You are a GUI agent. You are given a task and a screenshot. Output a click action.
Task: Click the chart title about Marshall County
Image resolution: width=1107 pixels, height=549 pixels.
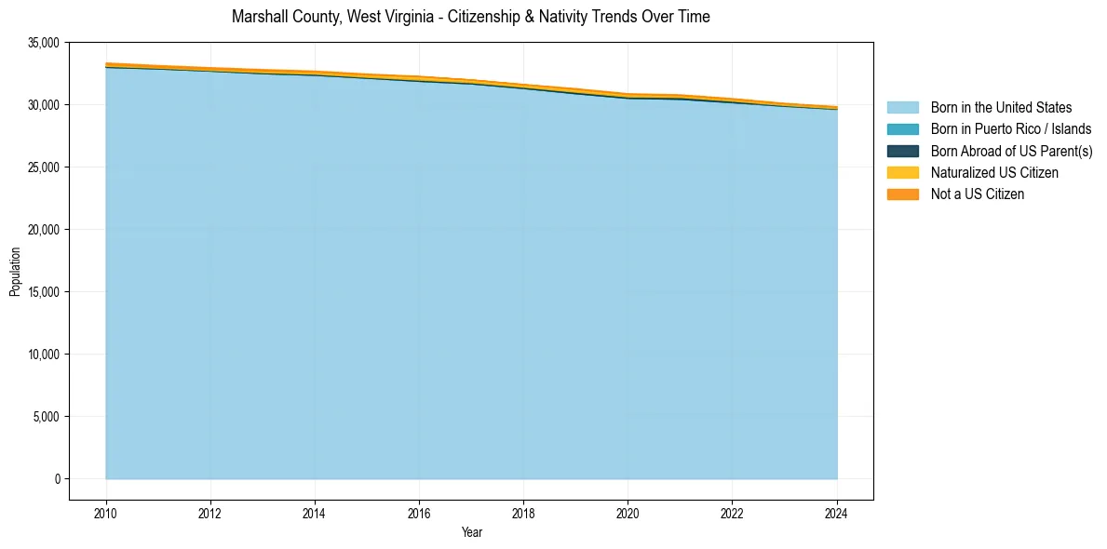tap(470, 17)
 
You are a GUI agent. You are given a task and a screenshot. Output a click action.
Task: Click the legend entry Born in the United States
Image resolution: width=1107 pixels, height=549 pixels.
tap(1001, 108)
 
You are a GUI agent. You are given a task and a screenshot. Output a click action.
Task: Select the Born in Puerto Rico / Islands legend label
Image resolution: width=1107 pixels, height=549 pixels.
tap(1011, 129)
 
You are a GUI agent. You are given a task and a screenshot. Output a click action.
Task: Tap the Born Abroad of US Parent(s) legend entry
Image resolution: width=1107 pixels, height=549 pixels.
tap(1011, 151)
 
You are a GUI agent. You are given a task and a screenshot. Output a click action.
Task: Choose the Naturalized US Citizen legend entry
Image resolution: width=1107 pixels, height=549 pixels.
tap(994, 172)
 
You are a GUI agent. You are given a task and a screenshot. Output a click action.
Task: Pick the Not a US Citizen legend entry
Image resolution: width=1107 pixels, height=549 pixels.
tap(978, 194)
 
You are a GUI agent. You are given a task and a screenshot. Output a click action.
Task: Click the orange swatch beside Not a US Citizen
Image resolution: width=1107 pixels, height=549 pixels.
tap(902, 194)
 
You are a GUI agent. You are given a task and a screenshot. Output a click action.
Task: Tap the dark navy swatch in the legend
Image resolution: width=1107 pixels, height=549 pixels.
tap(902, 151)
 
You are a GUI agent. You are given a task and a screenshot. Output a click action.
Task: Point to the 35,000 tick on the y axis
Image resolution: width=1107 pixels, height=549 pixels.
tap(44, 43)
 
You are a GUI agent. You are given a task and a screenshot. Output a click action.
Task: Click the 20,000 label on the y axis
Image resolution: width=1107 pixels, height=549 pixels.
tap(44, 230)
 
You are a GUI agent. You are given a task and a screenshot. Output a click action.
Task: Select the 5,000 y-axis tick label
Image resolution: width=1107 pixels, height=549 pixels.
tap(47, 417)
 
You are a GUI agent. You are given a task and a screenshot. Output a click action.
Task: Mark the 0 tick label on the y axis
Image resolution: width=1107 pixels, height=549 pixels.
tap(57, 479)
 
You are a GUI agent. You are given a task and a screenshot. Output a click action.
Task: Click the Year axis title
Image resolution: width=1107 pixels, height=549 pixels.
tap(471, 532)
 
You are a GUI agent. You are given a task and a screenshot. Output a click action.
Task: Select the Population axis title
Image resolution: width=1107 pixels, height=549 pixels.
tap(15, 272)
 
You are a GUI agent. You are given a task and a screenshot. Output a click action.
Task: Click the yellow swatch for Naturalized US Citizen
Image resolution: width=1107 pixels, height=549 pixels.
tap(902, 172)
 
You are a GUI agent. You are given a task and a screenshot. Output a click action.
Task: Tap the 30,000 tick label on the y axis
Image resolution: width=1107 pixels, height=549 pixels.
tap(44, 105)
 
